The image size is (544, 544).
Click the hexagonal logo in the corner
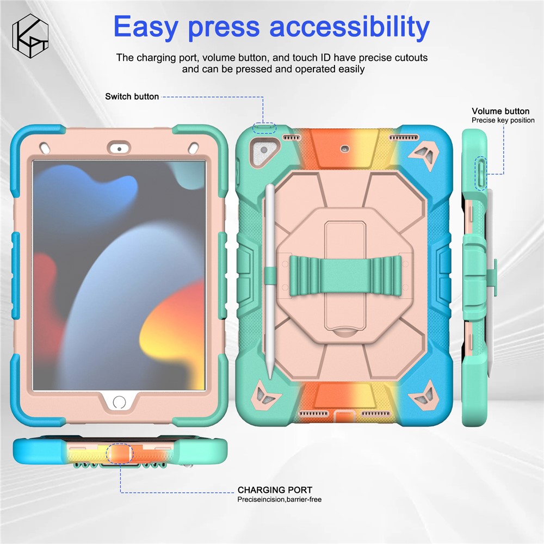tap(30, 36)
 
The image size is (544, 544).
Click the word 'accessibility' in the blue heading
tap(349, 27)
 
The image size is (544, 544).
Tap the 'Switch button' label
tap(132, 96)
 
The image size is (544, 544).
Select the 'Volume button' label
tap(500, 111)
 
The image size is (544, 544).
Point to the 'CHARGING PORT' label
tap(275, 490)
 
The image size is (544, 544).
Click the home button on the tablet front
tap(119, 403)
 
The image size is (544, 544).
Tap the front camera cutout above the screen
tap(119, 149)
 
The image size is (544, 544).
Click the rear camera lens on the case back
tap(264, 151)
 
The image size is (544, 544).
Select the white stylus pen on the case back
tap(270, 282)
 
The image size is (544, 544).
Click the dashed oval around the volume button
tap(481, 174)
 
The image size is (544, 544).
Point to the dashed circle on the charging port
tap(119, 453)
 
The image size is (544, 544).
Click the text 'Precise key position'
tap(503, 120)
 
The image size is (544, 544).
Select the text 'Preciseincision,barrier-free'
tap(279, 499)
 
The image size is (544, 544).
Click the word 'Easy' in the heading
tap(146, 27)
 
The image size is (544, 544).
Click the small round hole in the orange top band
tap(344, 149)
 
